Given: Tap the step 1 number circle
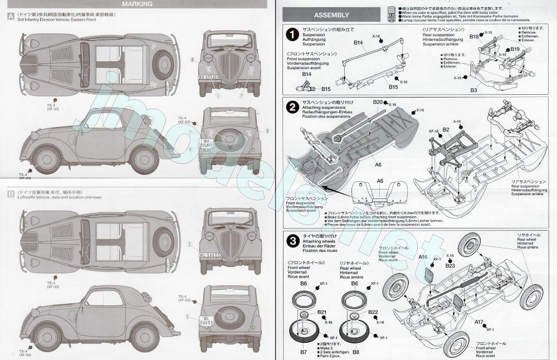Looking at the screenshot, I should pos(291,35).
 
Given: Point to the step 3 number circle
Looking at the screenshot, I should pos(291,241).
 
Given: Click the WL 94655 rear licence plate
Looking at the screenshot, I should pos(207,321).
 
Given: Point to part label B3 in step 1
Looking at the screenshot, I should pos(474,89).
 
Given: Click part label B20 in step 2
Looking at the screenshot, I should pos(378,103).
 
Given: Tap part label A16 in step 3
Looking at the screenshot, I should pos(423,257).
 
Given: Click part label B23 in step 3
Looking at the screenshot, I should pos(450,266).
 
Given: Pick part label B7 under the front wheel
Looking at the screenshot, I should pos(304,352).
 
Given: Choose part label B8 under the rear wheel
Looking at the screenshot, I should pos(356,352).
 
